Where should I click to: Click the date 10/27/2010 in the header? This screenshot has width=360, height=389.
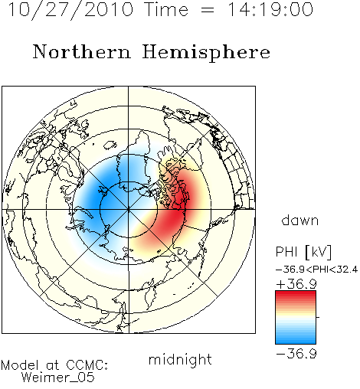pos(70,10)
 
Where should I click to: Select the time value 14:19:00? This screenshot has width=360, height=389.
pos(270,9)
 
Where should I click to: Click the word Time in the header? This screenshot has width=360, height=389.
pos(166,9)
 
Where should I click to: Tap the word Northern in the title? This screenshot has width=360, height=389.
pos(81,51)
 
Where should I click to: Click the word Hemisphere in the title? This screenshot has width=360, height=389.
pos(206,52)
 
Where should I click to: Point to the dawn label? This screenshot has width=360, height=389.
pos(299,220)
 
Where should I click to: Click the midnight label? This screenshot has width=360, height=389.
pos(180,360)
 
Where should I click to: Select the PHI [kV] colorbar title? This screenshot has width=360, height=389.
pos(303,252)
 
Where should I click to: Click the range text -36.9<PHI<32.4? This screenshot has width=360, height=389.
pos(316,270)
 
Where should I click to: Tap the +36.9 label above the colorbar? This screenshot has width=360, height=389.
pos(296,284)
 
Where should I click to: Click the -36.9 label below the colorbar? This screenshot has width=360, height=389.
pos(296,354)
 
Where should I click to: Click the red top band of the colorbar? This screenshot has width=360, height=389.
pos(296,294)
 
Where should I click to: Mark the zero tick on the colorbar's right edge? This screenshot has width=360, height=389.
pos(318,317)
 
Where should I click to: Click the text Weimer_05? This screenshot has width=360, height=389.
pos(58,378)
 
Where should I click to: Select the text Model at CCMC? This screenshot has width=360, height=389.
pos(54,365)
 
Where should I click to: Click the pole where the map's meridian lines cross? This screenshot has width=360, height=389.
pos(129,209)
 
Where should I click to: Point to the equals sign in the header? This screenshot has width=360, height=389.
pos(208,11)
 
